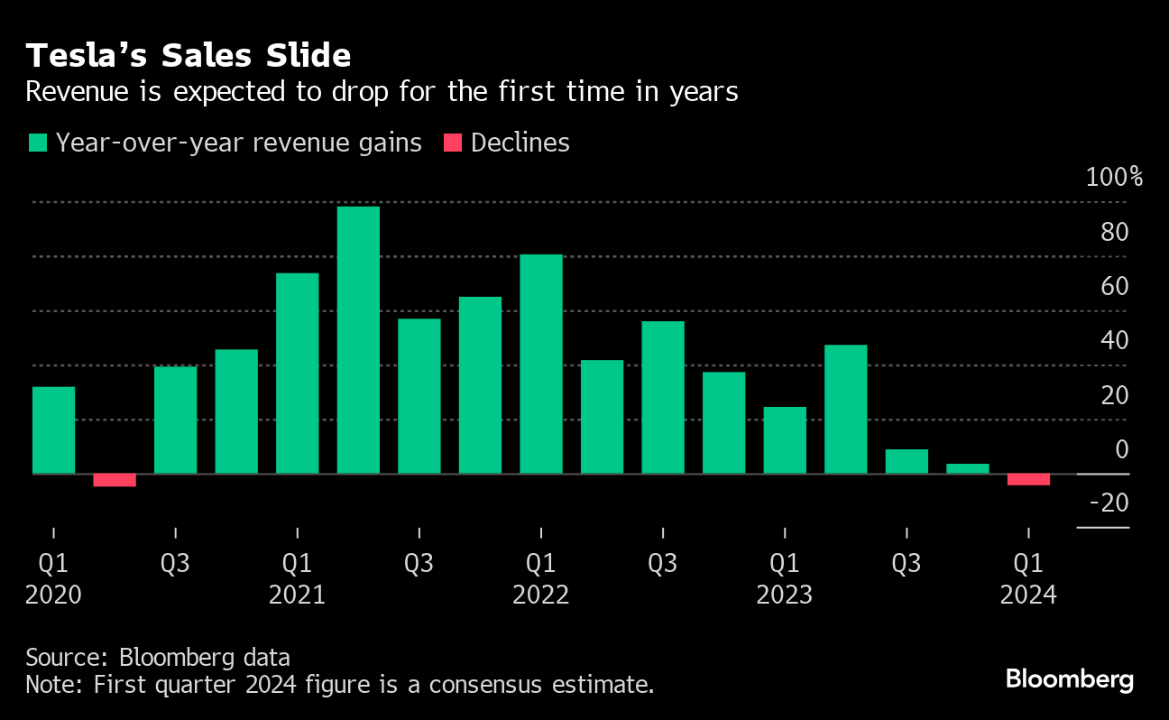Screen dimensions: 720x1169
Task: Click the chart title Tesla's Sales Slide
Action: [x=188, y=56]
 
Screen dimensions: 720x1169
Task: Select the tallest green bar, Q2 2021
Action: [x=358, y=340]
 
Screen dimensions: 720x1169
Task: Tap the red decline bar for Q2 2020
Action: [x=115, y=480]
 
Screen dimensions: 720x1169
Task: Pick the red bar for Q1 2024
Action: [x=1028, y=479]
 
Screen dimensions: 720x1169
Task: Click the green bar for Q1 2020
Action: [x=53, y=429]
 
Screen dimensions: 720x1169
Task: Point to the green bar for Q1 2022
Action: [x=541, y=364]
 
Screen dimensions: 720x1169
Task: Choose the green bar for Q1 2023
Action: [x=785, y=440]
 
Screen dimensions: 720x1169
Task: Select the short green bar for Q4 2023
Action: [x=968, y=468]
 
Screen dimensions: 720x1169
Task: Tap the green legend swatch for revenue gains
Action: [x=37, y=143]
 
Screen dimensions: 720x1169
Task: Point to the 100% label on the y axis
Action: [x=1114, y=176]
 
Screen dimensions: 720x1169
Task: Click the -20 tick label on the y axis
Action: [x=1109, y=503]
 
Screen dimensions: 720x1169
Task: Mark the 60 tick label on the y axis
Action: [x=1115, y=286]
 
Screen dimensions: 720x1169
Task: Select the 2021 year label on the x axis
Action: [x=297, y=595]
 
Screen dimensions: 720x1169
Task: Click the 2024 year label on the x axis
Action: [x=1028, y=595]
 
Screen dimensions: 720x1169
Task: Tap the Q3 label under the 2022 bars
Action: [x=662, y=564]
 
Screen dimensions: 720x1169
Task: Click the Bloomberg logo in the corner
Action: [x=1070, y=679]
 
